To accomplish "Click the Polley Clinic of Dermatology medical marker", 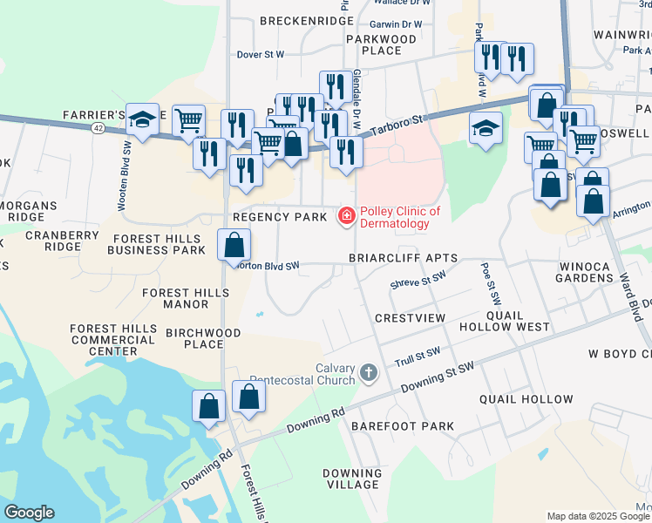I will [346, 215].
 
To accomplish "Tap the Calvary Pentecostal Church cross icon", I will [369, 373].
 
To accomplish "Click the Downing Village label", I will [352, 479].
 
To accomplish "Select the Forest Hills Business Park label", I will [156, 242].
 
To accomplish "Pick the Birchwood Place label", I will [194, 338].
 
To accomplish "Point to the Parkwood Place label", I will [382, 44].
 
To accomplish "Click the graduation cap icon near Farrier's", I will [142, 120].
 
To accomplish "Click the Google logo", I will [29, 513].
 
